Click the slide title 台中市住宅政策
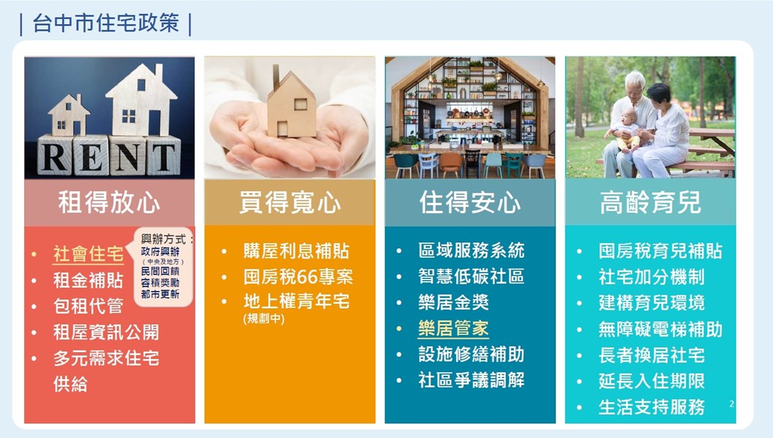106,23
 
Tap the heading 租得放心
109,202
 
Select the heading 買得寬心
290,202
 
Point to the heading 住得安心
470,202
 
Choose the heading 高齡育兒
650,202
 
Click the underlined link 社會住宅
88,255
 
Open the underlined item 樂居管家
453,328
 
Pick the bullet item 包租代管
88,307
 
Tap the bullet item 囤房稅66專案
298,277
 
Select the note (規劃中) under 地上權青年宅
264,318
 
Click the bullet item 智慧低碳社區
471,277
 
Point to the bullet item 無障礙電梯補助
660,329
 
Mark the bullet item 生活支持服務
651,407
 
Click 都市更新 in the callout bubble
160,294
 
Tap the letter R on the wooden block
54,157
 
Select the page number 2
731,404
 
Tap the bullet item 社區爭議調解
471,380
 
